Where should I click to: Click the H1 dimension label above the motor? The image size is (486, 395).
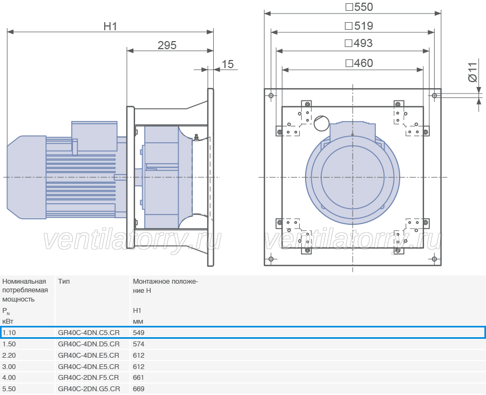coord(110,26)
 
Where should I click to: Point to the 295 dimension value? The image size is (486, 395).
coord(167,45)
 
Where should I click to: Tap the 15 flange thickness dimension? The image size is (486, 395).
coord(227,64)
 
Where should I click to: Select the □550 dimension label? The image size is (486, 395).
coord(359,7)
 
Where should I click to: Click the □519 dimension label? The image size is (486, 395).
coord(359,26)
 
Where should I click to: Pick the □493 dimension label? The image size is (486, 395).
coord(359,43)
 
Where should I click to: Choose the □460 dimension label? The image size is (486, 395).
coord(359,63)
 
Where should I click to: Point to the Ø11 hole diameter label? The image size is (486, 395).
coord(473,72)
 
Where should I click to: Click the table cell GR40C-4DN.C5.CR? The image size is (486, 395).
coord(89,333)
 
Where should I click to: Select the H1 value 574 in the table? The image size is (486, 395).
coord(139,344)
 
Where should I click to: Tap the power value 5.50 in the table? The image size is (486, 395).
coord(9,389)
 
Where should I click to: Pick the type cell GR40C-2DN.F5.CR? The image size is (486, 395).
coord(89,378)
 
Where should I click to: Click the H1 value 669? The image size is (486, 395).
coord(139,389)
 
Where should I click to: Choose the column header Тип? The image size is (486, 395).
coord(64,281)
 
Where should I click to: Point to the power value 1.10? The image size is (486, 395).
coord(9,333)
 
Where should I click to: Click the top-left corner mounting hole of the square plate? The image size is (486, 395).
coord(271,96)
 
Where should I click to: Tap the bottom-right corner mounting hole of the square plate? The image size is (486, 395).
coord(434,259)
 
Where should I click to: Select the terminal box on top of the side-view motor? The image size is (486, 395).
coord(94,136)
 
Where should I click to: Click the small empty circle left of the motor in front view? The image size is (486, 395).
coord(321,123)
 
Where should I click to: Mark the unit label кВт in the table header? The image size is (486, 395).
coord(8,322)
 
